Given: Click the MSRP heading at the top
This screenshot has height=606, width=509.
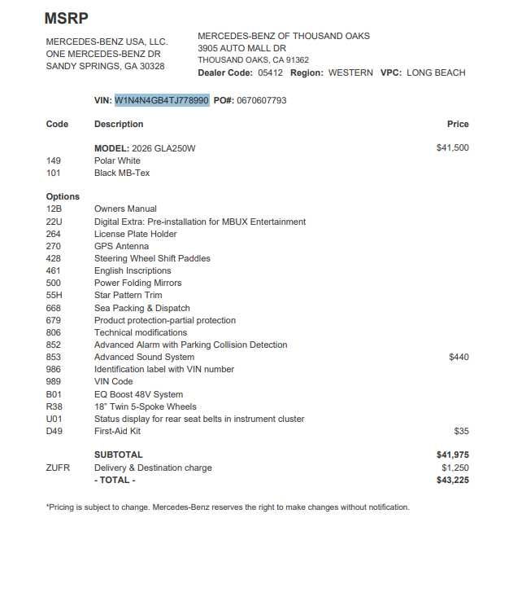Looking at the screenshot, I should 66,18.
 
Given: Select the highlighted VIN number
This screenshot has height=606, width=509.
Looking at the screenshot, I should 162,100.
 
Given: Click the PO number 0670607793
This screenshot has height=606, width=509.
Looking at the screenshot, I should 261,100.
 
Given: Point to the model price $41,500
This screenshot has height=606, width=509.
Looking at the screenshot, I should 452,148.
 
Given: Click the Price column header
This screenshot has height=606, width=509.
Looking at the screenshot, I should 458,124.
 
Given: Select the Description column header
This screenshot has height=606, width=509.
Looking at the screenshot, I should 119,124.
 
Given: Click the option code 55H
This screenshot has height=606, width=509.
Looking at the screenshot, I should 54,296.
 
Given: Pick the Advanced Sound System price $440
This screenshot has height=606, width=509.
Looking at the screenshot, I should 459,357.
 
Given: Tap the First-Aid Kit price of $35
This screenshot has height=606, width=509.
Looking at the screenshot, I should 461,431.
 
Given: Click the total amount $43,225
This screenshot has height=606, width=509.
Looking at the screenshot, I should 452,480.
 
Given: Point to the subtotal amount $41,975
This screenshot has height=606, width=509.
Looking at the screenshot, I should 452,455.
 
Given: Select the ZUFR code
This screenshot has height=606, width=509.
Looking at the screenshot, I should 58,468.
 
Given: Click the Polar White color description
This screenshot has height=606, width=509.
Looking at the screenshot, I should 117,160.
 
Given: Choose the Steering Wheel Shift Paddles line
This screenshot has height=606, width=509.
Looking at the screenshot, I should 152,258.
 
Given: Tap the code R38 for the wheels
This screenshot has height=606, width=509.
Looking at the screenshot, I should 54,406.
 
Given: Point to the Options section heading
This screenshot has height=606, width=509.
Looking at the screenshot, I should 63,196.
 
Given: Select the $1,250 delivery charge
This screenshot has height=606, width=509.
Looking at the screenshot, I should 455,468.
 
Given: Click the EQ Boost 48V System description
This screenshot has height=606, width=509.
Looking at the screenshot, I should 139,394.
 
